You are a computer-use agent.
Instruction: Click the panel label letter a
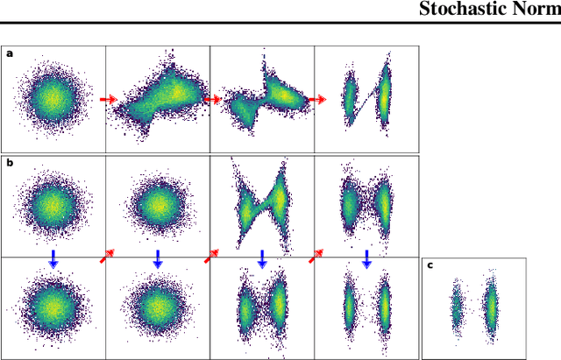tap(10, 53)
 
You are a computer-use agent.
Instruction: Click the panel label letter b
tap(10, 163)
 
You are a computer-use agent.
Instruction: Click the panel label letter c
tap(430, 265)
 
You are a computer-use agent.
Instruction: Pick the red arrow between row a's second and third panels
tap(211, 99)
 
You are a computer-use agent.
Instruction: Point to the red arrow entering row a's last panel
tap(316, 99)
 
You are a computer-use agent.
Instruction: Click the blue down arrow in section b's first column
tap(53, 258)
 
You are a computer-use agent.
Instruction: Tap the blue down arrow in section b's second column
tap(158, 258)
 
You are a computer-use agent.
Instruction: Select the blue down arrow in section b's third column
tap(262, 258)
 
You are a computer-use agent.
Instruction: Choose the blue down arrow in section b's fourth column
tap(366, 258)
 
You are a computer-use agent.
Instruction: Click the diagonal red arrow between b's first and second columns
tap(106, 256)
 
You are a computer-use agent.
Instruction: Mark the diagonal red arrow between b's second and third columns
tap(210, 256)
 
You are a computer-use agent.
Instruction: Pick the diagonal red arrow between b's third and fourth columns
tap(315, 256)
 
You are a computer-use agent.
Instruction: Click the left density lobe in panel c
tap(457, 307)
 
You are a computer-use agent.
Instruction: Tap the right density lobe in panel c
tap(491, 307)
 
